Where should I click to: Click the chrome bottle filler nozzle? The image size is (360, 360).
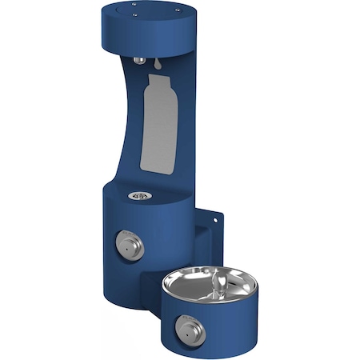(x=141, y=60)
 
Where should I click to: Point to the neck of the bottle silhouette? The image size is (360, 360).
(x=154, y=80)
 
